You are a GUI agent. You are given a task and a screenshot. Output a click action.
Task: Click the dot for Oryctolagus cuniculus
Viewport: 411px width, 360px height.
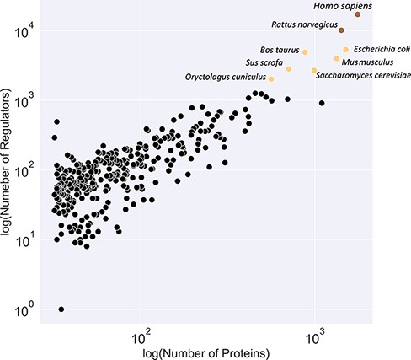point(271,78)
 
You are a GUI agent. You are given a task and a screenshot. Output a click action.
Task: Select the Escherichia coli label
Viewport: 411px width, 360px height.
point(382,49)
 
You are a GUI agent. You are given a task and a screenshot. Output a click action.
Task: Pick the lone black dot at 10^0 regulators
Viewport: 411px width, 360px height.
point(61,309)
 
